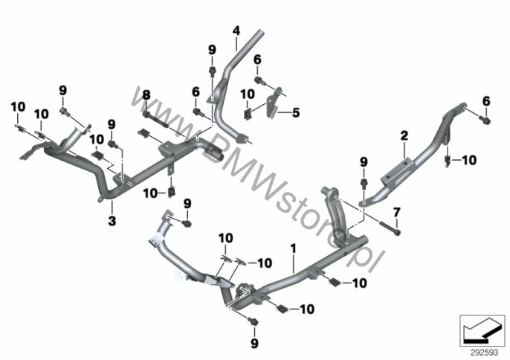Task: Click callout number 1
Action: [x=293, y=249]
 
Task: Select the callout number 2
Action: [x=404, y=135]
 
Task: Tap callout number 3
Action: [x=112, y=221]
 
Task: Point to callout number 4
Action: [x=236, y=31]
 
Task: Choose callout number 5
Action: [x=296, y=113]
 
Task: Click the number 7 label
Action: [x=396, y=213]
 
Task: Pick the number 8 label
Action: [x=146, y=95]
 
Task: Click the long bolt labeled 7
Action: [x=390, y=228]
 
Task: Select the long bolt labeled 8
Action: [x=155, y=120]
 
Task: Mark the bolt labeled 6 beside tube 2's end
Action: [x=485, y=120]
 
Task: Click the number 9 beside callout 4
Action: [x=212, y=50]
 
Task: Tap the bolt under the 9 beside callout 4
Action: [x=212, y=71]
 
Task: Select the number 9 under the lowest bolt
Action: [x=254, y=343]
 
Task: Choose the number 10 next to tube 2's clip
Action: [x=469, y=160]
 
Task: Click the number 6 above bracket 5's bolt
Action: [x=257, y=60]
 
